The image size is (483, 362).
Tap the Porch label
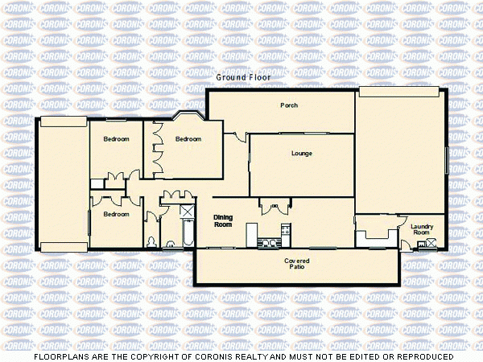pos(289,105)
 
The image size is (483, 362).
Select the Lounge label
pos(302,153)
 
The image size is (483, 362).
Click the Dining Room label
pos(223,221)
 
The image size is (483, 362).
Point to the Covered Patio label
pos(297,265)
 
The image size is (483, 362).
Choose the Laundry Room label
pos(422,229)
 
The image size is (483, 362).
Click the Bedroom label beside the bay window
pos(188,138)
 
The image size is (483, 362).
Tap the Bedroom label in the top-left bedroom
pos(116,139)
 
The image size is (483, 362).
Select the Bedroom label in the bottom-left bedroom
pos(116,214)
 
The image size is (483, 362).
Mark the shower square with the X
pos(187,211)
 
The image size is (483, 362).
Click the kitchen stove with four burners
pos(284,232)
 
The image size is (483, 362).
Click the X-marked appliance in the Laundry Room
pos(432,242)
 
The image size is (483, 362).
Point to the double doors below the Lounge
pos(275,207)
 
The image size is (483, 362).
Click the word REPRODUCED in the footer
pos(422,356)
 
